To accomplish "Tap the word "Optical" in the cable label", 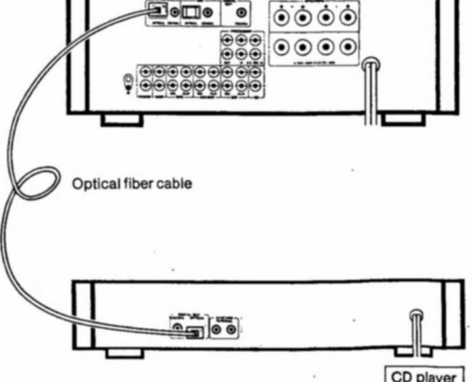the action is [x=95, y=184].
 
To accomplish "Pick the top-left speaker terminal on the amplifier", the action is [x=280, y=20].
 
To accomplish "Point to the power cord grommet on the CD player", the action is [x=415, y=316].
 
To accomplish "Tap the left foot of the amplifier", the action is [x=120, y=118].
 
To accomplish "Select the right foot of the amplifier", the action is [x=404, y=117].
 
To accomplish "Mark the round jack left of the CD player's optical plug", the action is [x=178, y=330].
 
